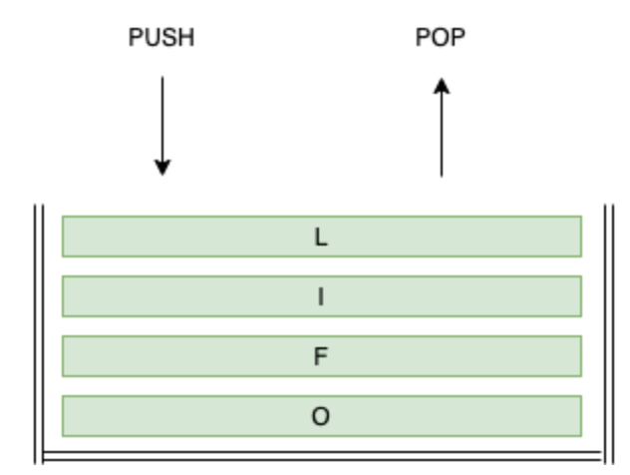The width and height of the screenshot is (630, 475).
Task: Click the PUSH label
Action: (x=161, y=39)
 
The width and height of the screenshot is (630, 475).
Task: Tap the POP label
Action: (x=440, y=39)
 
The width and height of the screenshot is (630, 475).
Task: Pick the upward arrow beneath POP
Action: (x=441, y=130)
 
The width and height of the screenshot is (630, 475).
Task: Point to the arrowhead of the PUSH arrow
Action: (x=162, y=167)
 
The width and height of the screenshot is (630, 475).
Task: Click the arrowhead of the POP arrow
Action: (x=441, y=88)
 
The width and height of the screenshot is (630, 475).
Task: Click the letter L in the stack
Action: (x=321, y=237)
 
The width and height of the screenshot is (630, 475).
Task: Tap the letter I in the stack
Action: (x=321, y=296)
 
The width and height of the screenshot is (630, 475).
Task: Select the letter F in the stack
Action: (x=321, y=356)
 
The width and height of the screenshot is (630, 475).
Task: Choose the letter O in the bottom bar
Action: (x=321, y=416)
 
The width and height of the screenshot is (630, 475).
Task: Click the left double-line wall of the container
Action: (x=38, y=329)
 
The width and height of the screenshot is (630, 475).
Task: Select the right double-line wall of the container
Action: (x=605, y=329)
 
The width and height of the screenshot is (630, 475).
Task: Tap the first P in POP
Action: (x=423, y=39)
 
